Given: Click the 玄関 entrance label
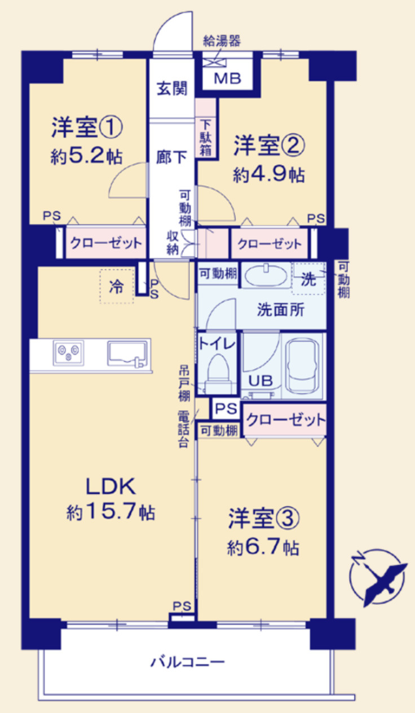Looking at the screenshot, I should [x=171, y=89].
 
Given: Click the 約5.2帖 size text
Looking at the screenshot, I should [x=86, y=156].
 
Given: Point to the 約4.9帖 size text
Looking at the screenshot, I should [x=269, y=175].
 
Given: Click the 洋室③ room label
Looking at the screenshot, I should [x=263, y=520].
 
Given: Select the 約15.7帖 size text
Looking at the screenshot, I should [x=111, y=512].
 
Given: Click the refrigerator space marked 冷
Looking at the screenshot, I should [x=117, y=286].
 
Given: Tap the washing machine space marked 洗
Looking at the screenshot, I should [x=309, y=279].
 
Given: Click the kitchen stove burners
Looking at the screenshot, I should [x=69, y=352].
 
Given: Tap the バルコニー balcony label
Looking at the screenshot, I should [x=188, y=661].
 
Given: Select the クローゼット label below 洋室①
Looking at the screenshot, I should [x=105, y=244].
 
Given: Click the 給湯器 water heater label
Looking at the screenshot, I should [x=222, y=41].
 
